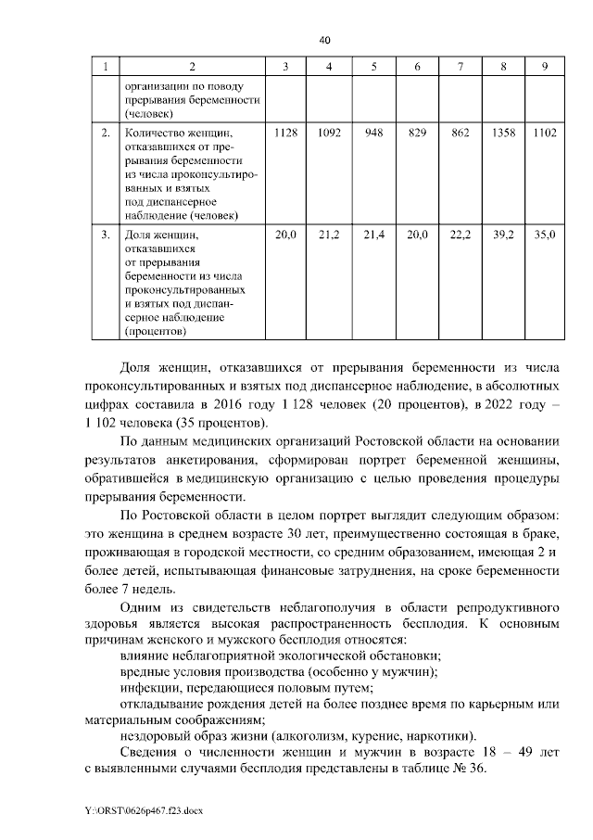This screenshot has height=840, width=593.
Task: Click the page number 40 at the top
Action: click(324, 40)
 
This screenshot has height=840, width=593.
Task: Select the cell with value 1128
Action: click(286, 134)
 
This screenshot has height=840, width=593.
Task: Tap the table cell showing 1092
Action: click(330, 134)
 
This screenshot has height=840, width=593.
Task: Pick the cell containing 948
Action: click(374, 134)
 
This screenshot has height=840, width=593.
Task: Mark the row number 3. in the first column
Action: click(106, 236)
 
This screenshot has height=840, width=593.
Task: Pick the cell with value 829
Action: click(417, 134)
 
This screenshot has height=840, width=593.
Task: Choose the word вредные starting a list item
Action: click(146, 671)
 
